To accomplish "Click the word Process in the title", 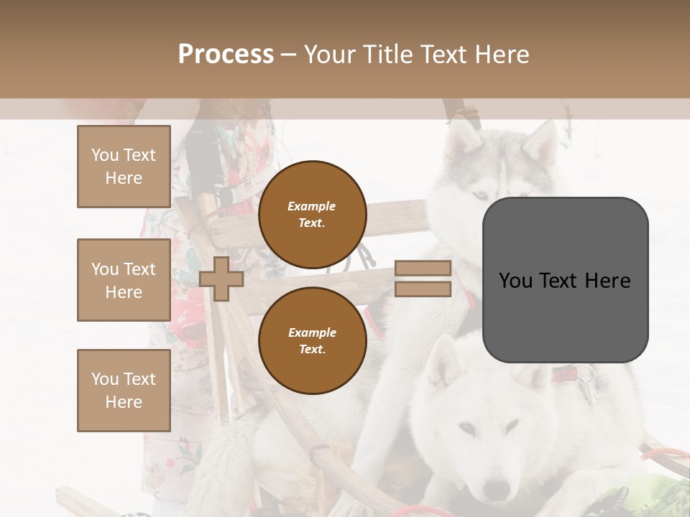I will (x=226, y=55).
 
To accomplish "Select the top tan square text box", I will (x=124, y=167).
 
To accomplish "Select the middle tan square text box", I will (x=124, y=280).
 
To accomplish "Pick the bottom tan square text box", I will (x=124, y=391).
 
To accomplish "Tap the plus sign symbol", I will (x=221, y=279).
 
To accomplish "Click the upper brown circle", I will (x=312, y=214).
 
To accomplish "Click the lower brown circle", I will (x=312, y=340).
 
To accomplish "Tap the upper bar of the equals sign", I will (x=423, y=268).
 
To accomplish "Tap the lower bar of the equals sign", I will (x=423, y=289).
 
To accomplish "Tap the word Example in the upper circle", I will (x=312, y=207).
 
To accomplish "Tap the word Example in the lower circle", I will (x=312, y=332).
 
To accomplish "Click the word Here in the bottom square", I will (x=124, y=402).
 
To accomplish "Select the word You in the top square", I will (x=105, y=155).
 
